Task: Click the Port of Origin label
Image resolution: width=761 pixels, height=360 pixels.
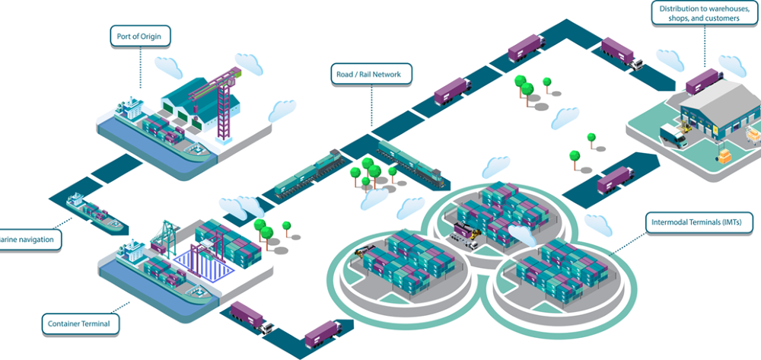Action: point(139,35)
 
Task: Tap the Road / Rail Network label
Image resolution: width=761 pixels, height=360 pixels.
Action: point(374,74)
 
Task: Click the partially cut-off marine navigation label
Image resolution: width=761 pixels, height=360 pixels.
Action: point(29,240)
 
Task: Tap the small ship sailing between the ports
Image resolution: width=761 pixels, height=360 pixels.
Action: point(93,211)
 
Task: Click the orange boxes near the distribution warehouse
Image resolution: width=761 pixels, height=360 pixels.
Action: point(723,156)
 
